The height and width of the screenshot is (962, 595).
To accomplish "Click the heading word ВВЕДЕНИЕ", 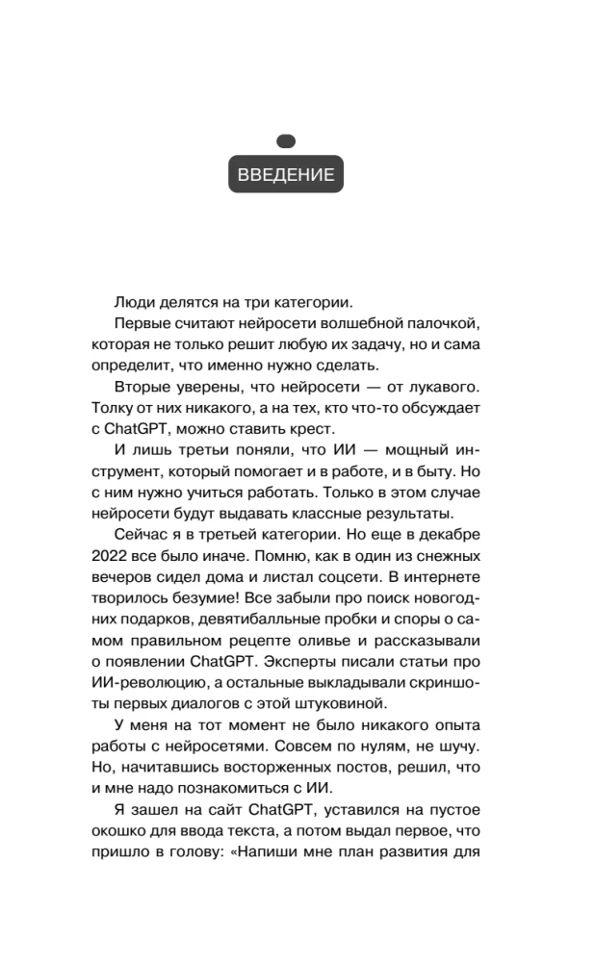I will click(x=286, y=176).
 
